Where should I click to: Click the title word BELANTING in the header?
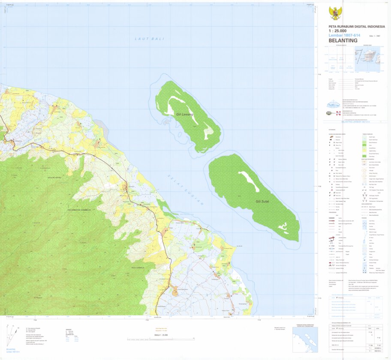[343, 41]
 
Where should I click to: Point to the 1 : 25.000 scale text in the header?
[337, 31]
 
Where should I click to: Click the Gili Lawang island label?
[185, 115]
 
